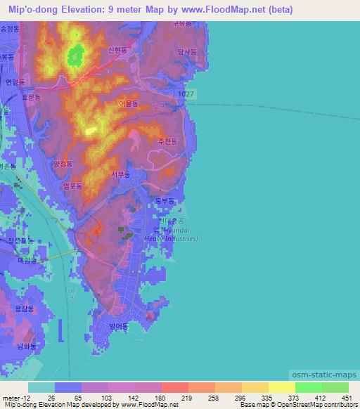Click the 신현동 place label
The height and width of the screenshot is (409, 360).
tap(117, 51)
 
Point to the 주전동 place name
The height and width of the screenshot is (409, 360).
tap(167, 141)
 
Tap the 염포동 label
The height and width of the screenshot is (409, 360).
tap(72, 186)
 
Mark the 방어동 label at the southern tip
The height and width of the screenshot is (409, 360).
tap(118, 326)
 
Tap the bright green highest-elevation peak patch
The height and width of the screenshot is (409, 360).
tap(75, 54)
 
